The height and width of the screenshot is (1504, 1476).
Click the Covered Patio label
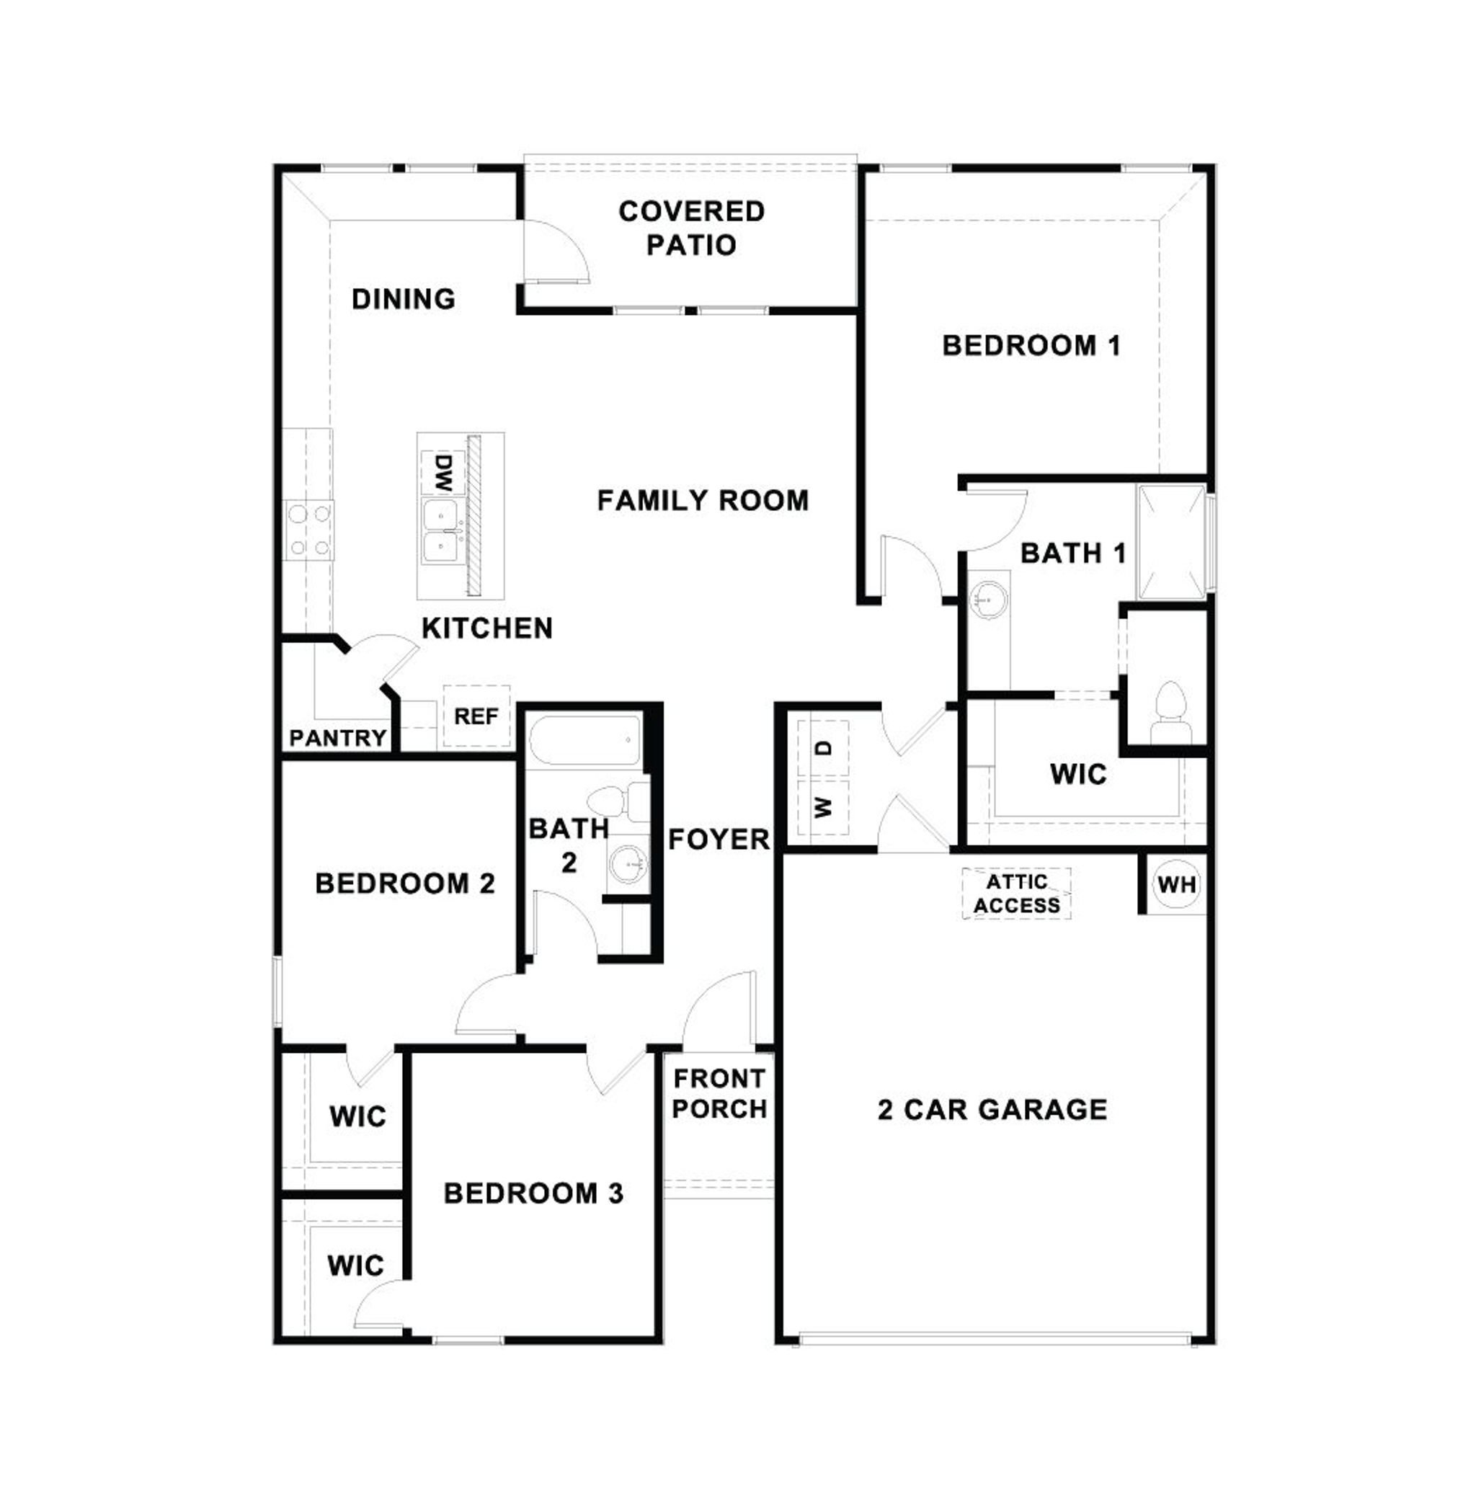[690, 228]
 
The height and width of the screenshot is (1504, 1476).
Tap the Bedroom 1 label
[1031, 346]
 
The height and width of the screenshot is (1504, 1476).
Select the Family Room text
[703, 501]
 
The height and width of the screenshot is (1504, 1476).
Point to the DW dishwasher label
[443, 472]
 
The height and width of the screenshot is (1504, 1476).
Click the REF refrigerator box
[476, 716]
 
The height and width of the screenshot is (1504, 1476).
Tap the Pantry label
[338, 737]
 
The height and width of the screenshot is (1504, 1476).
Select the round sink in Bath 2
[626, 862]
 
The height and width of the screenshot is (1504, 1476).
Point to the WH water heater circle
[1176, 884]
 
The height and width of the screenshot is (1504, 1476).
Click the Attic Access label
[1016, 893]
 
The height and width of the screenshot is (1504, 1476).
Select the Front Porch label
[719, 1093]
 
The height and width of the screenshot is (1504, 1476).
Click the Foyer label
[719, 839]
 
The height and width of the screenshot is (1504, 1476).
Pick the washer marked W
[823, 807]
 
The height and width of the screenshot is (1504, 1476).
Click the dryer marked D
[824, 748]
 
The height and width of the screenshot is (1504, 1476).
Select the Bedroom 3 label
[533, 1193]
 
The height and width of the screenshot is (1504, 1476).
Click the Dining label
[403, 299]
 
